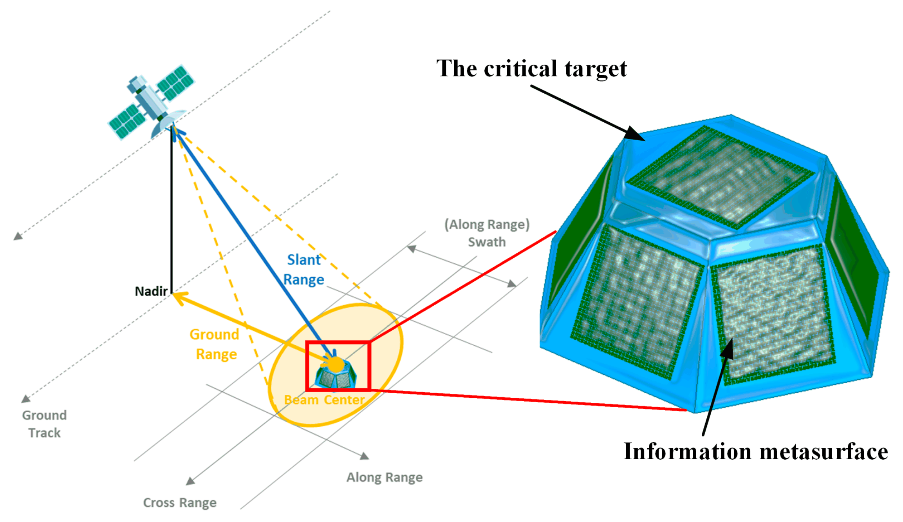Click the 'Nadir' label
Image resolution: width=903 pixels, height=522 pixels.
tap(151, 291)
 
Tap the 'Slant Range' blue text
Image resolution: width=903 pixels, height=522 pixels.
tap(304, 270)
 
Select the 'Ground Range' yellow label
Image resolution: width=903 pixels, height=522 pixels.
tap(215, 344)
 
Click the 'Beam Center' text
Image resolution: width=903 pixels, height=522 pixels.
tap(324, 400)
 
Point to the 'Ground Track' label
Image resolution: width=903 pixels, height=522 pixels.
tap(44, 424)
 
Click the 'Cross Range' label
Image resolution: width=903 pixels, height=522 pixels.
tap(180, 502)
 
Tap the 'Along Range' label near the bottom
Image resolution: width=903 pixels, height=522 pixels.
tap(385, 477)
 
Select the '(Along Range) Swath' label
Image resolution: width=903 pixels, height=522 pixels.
tap(487, 233)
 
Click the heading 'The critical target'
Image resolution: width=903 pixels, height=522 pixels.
tap(531, 69)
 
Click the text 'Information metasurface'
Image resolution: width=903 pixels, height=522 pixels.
tap(755, 451)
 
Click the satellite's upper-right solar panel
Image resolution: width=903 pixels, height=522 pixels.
tap(175, 82)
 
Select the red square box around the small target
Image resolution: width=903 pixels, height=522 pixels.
tap(307, 366)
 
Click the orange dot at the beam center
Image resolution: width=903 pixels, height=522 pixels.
tap(336, 364)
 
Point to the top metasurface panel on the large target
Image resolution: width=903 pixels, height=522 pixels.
tap(721, 176)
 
